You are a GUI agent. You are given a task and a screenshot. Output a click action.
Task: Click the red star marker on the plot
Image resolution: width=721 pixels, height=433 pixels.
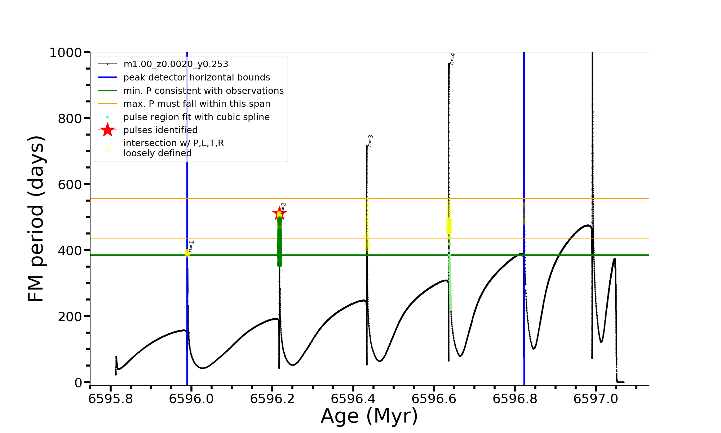279,213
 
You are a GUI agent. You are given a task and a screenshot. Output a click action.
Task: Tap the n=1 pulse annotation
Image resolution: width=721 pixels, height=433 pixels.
191,246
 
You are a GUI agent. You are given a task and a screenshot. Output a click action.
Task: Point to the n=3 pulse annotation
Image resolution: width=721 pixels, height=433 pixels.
370,141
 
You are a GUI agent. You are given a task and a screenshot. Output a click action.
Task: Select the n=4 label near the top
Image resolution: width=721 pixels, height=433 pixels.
452,59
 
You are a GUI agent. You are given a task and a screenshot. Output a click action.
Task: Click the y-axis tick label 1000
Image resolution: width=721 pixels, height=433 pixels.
66,53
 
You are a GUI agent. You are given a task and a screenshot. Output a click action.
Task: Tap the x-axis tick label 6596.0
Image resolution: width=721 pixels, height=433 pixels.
191,399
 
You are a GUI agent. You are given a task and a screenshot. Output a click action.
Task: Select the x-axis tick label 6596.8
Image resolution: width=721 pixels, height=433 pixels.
515,399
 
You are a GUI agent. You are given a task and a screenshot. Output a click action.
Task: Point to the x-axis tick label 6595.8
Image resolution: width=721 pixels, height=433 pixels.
111,399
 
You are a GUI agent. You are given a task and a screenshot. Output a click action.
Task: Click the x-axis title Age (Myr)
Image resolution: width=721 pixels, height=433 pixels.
369,416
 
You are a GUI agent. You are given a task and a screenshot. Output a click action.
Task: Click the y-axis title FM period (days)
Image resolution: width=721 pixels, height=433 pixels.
36,219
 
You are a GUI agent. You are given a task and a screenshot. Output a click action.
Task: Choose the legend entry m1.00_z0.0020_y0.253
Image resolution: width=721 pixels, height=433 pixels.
176,64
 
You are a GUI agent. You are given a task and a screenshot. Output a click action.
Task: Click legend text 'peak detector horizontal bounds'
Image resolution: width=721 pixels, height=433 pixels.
196,78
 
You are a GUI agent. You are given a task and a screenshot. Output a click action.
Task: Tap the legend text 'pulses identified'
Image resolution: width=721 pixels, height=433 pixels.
160,130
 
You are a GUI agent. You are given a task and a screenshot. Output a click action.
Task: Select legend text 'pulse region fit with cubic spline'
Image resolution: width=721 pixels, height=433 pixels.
196,117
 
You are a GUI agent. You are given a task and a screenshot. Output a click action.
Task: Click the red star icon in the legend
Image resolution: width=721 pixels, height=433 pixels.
107,130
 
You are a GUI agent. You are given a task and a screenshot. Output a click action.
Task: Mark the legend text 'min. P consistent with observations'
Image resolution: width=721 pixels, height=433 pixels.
203,91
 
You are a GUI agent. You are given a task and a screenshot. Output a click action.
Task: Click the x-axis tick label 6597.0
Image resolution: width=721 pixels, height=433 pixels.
596,399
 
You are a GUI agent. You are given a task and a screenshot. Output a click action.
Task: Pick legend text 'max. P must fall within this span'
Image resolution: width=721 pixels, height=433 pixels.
197,104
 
